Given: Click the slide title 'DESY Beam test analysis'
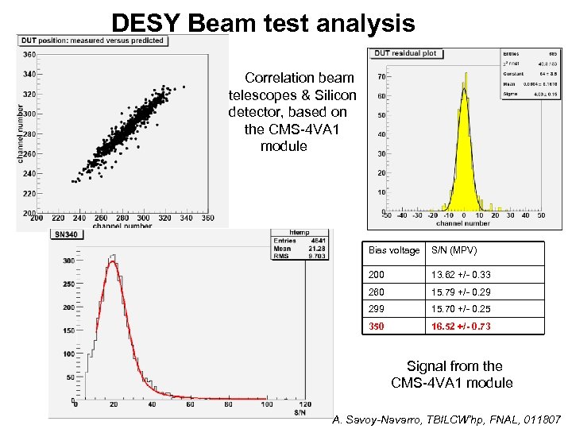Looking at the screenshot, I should click(263, 22).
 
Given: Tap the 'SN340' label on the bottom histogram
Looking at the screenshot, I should click(65, 234).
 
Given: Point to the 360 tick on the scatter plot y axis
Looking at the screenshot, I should click(29, 55).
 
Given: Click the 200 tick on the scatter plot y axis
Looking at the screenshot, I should click(29, 213).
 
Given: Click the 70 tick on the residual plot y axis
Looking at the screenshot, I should click(381, 77).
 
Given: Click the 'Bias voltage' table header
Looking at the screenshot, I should click(394, 251).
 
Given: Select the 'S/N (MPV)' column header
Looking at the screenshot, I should click(454, 251).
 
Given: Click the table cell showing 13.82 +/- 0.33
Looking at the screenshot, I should click(461, 275).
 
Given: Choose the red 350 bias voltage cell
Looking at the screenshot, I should click(377, 326).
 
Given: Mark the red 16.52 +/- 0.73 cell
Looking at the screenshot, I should click(461, 326).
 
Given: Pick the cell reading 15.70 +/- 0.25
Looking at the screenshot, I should click(461, 309).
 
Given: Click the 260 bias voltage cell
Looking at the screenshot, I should click(377, 292).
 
